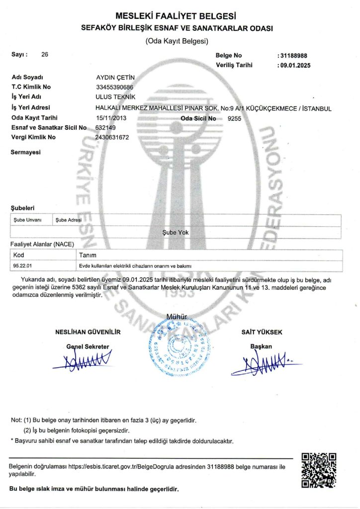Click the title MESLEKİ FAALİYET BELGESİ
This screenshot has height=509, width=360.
(x=180, y=17)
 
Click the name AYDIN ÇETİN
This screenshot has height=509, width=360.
(x=115, y=78)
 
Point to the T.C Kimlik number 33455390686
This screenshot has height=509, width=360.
(x=115, y=87)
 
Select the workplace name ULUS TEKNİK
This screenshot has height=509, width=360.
(x=115, y=97)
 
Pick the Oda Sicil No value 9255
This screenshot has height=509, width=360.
(x=234, y=118)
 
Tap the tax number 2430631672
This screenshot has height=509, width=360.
(x=112, y=137)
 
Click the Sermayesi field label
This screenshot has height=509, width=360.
(x=25, y=153)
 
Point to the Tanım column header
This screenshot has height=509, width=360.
(x=87, y=255)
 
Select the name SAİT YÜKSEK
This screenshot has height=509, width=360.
(x=262, y=332)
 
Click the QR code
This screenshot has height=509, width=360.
(x=319, y=470)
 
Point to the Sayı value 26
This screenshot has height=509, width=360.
(x=45, y=55)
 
